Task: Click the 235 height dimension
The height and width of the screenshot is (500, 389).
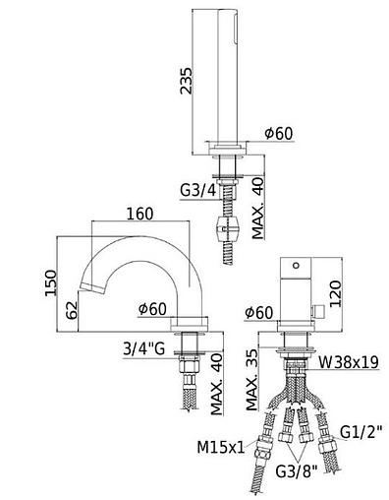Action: [187, 81]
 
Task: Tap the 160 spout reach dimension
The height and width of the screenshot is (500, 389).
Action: [139, 214]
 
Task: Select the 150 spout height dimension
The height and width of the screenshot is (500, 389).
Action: [51, 282]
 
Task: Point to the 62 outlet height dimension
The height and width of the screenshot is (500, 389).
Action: [72, 310]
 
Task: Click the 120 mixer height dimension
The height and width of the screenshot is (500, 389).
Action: [336, 294]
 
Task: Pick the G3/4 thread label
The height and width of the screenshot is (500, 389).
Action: [198, 190]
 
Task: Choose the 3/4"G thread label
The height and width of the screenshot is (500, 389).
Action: [143, 349]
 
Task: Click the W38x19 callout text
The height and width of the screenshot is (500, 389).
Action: [349, 362]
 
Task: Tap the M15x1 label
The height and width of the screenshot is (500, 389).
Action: [221, 447]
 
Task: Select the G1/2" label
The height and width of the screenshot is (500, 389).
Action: [361, 432]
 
